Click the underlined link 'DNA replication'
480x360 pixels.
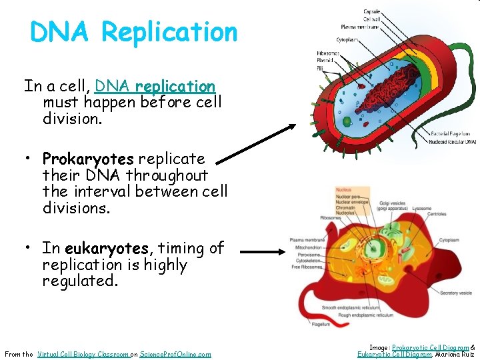pyautogui.click(x=155, y=87)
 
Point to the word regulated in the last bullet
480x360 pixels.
pyautogui.click(x=80, y=281)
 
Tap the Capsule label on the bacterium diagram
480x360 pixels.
pyautogui.click(x=372, y=11)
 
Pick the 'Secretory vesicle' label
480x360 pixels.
pyautogui.click(x=456, y=293)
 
